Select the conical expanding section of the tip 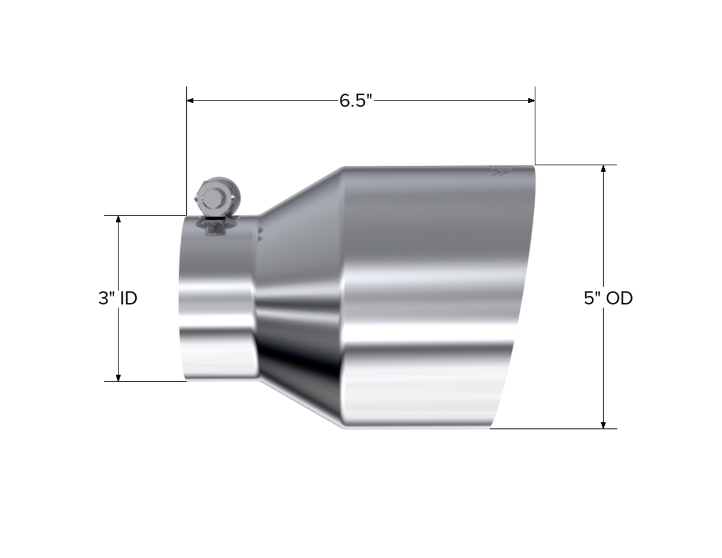point(300,297)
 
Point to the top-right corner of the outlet point(535,165)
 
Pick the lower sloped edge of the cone point(300,405)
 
